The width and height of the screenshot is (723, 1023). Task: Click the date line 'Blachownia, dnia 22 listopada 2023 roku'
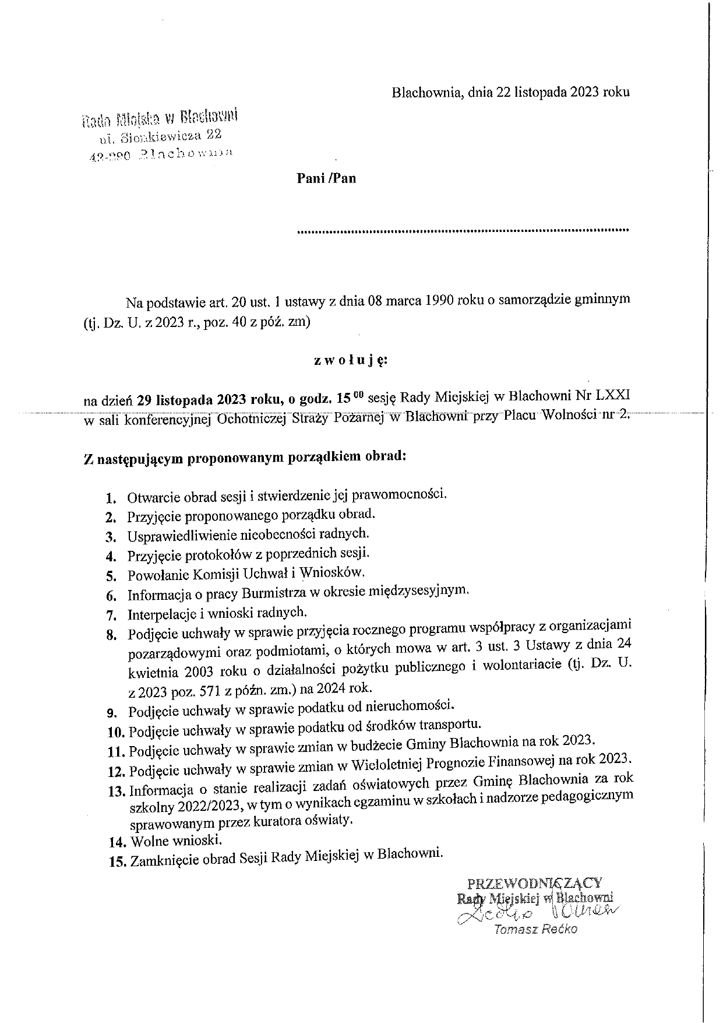point(510,92)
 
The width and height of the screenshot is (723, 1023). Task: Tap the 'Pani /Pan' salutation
point(326,178)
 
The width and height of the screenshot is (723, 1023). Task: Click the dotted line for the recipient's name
point(463,231)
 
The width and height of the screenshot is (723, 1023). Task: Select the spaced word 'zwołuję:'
point(350,361)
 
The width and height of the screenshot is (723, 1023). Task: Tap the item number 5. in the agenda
point(112,576)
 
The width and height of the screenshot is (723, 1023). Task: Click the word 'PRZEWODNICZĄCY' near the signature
point(535,883)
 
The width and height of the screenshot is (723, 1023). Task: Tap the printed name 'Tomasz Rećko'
point(535,930)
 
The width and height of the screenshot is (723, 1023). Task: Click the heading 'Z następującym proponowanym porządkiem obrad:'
point(245,457)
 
